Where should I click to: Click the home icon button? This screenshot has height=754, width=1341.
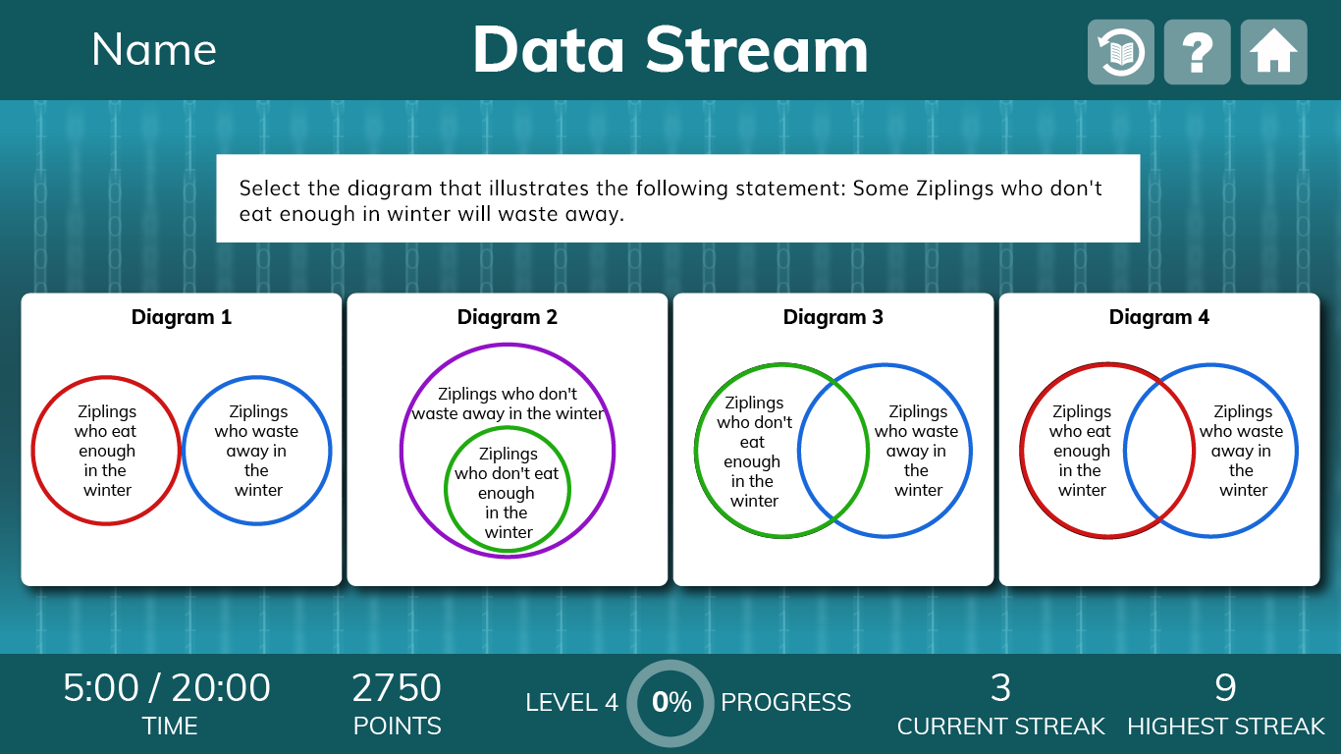click(x=1273, y=52)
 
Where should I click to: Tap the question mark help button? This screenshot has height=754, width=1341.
click(x=1197, y=52)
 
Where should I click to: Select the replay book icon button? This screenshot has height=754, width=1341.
click(x=1121, y=52)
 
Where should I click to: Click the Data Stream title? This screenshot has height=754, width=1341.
click(x=670, y=49)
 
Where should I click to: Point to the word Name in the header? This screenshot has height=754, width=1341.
click(x=154, y=49)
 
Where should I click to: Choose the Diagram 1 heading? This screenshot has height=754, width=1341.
click(x=182, y=317)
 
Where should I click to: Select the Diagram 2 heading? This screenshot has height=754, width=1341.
click(x=508, y=317)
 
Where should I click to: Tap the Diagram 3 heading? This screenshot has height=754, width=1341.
click(x=833, y=317)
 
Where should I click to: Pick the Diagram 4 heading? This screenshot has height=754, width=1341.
click(x=1159, y=317)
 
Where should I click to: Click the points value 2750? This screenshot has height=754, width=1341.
click(x=397, y=687)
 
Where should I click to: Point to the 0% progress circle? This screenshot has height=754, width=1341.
click(x=670, y=703)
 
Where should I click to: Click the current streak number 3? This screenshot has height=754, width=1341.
click(x=1000, y=687)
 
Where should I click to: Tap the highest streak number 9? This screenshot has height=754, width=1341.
click(x=1225, y=687)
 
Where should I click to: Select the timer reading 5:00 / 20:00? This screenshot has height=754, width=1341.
click(x=167, y=687)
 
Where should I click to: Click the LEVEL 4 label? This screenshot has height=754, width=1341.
click(x=571, y=703)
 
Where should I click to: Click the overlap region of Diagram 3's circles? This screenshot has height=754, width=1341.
click(x=833, y=451)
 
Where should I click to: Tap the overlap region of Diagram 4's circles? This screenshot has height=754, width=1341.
click(x=1159, y=451)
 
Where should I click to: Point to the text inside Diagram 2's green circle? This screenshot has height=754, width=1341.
click(x=508, y=492)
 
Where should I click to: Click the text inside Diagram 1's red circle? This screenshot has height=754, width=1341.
click(x=106, y=451)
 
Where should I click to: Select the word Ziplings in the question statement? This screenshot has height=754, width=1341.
click(x=954, y=188)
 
